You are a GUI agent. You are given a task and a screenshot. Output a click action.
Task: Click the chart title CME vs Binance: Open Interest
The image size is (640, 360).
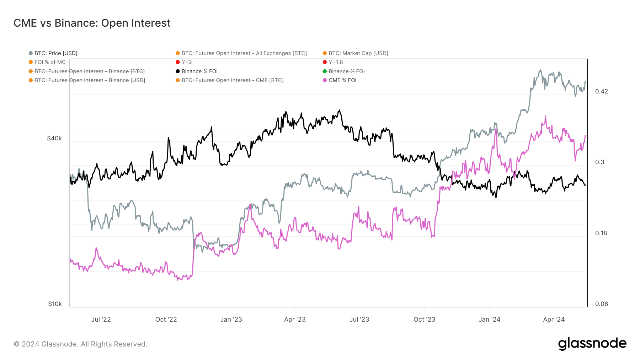92,23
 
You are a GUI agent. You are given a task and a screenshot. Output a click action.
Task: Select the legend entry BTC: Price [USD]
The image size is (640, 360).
55,53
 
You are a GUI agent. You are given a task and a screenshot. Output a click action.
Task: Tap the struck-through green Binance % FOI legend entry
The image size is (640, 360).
346,71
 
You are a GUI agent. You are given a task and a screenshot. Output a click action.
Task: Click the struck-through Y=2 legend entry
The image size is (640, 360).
186,62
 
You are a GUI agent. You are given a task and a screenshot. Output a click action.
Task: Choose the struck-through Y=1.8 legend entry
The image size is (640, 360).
335,62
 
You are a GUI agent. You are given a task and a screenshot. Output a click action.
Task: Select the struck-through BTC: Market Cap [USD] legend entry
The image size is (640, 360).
358,53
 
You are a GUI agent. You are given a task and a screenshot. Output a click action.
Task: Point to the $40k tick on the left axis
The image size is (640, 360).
54,138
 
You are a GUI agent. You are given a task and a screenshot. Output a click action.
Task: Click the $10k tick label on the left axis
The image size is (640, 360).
55,304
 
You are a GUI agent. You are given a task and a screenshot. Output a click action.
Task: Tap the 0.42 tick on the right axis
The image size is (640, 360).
602,91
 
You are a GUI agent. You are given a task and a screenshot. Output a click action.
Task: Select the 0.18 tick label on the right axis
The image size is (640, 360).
601,233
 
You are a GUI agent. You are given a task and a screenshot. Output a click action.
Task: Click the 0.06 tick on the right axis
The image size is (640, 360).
601,304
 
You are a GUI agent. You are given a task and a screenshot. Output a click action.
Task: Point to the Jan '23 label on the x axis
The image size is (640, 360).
231,319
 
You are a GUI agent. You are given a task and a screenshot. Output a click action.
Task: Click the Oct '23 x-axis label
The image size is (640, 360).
424,319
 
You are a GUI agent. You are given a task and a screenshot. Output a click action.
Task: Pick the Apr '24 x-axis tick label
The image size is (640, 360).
554,319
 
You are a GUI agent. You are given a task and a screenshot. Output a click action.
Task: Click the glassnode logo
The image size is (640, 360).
592,344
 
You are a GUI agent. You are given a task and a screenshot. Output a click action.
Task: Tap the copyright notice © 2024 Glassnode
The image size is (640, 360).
80,344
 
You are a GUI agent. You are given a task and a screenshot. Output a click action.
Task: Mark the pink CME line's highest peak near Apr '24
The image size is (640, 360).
545,116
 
